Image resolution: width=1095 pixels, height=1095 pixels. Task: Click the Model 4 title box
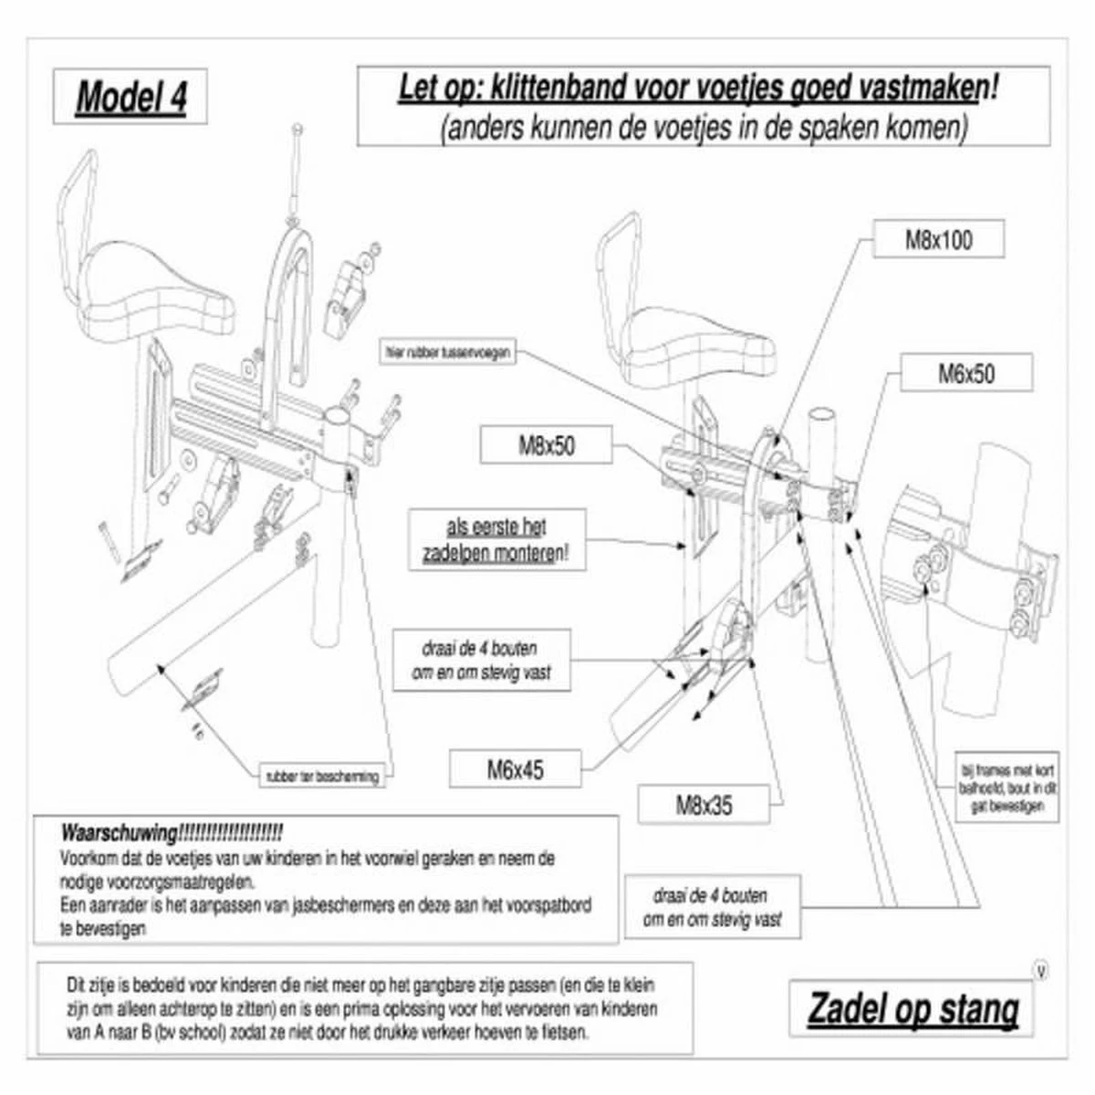coord(130,97)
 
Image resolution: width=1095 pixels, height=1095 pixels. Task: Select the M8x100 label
coord(938,240)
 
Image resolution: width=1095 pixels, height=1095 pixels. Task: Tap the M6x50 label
coord(966,373)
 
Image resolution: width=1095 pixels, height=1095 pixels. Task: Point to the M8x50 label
coord(547,445)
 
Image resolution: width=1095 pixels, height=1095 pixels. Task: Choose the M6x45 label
coord(515,769)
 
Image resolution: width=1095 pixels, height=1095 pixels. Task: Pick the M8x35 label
coord(703,805)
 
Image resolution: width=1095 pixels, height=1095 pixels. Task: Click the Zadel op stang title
coord(912,1010)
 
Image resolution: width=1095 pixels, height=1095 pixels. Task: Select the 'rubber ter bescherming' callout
coord(319,777)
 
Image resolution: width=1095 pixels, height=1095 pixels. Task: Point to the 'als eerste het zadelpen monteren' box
coord(496,541)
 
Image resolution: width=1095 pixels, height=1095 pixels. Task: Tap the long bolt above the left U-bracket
coord(296,173)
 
